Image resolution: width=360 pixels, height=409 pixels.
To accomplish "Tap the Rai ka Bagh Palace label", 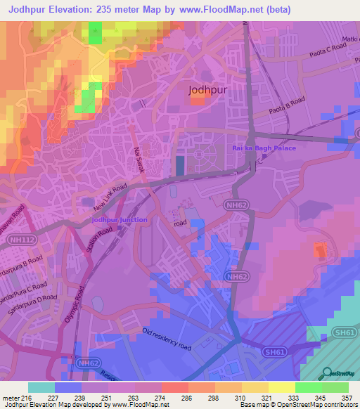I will [x=264, y=148].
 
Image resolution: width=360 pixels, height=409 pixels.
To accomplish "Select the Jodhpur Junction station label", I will [x=120, y=220].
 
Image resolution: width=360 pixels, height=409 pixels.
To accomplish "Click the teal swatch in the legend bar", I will [x=41, y=387].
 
